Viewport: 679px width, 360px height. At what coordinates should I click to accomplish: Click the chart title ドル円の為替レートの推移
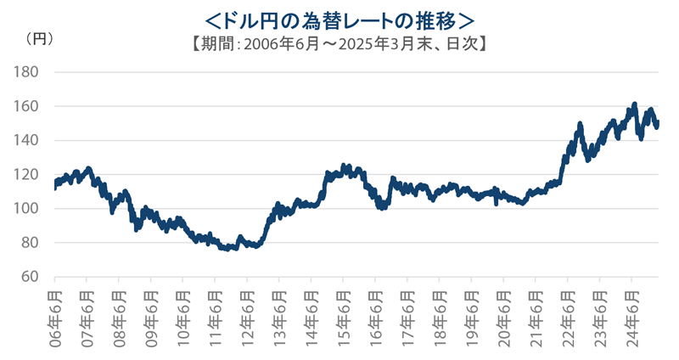(x=339, y=17)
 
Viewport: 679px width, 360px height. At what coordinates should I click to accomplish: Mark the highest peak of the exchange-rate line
(x=635, y=104)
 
